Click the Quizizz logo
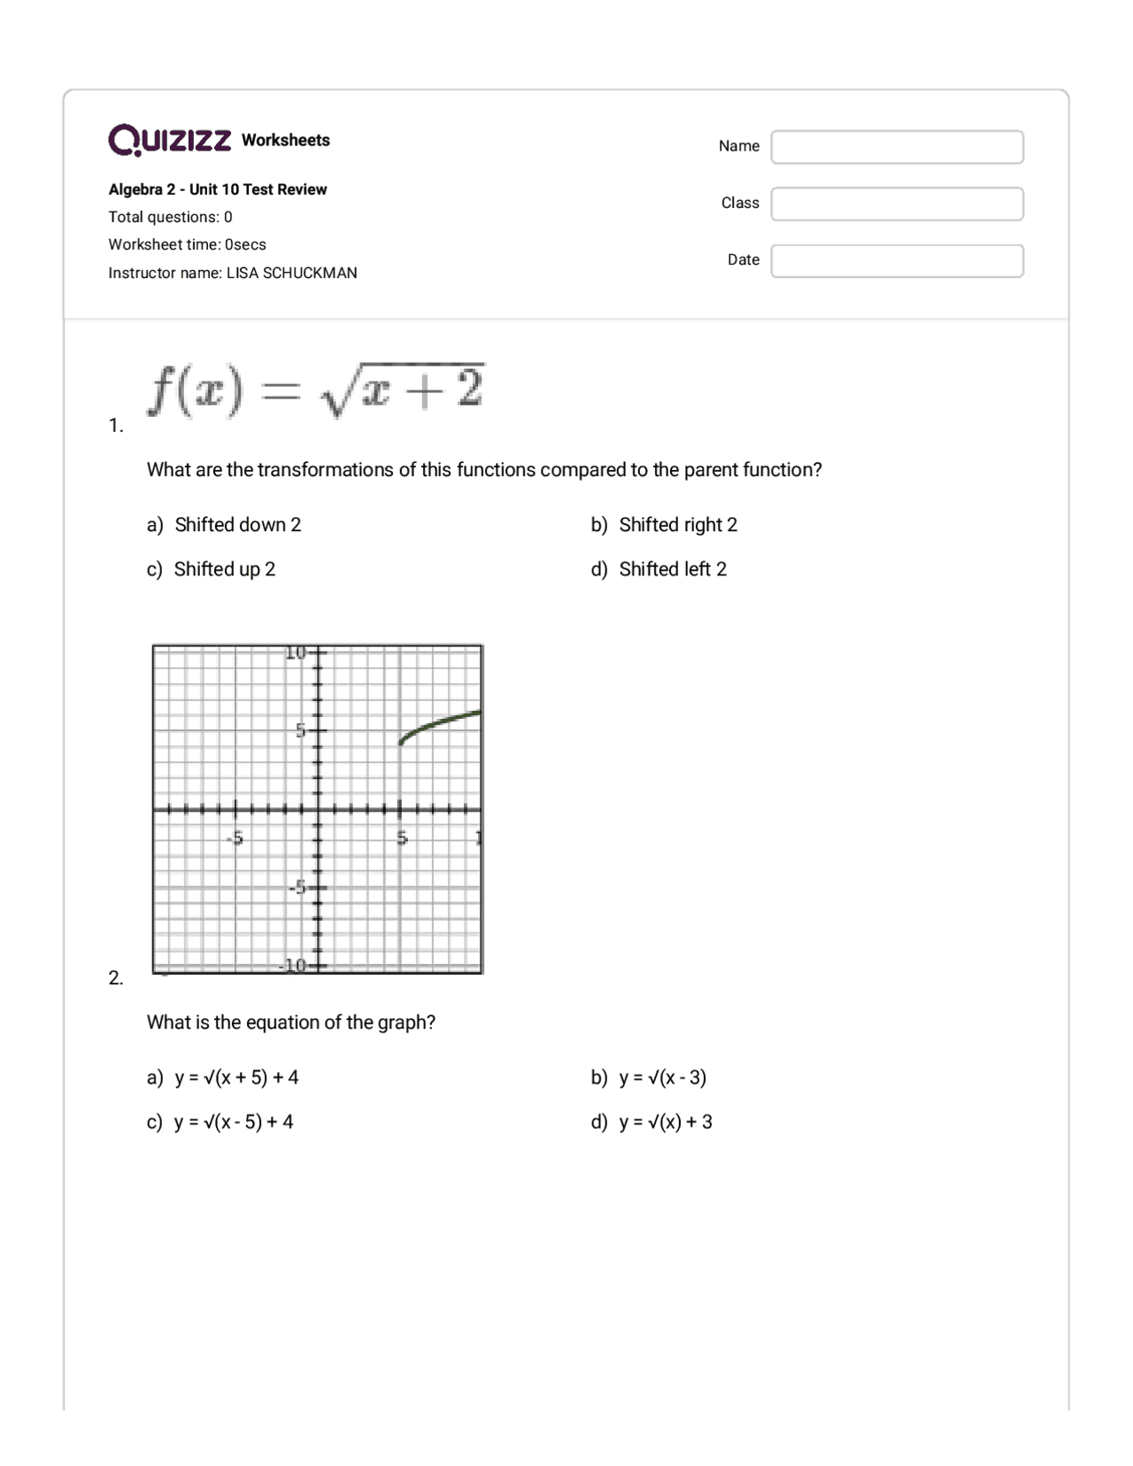170,140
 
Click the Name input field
897,147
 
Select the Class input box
897,204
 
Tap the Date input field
897,261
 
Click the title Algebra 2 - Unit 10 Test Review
218,189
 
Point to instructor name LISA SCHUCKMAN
291,273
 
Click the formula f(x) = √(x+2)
316,390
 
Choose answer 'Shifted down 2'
237,525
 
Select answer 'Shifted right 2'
677,525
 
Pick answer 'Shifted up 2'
224,569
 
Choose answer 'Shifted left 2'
672,569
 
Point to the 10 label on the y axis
296,653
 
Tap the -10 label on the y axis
292,965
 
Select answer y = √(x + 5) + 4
236,1077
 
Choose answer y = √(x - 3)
662,1077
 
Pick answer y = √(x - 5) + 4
234,1122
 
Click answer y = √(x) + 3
665,1122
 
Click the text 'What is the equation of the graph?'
290,1022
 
